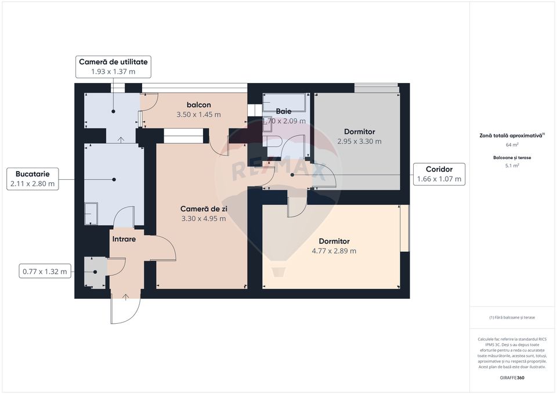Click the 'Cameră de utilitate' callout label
point(113,62)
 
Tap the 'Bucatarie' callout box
point(32,179)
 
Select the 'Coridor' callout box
point(439,174)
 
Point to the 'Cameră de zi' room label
point(202,208)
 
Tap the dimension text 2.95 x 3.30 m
point(359,142)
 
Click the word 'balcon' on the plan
point(198,104)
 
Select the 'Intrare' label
point(124,238)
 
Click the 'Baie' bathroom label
point(284,111)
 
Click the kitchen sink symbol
point(92,211)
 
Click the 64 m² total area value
point(512,144)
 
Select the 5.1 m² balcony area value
point(512,165)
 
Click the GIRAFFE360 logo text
point(512,378)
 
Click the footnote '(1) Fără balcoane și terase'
point(512,317)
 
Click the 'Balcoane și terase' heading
point(512,157)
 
